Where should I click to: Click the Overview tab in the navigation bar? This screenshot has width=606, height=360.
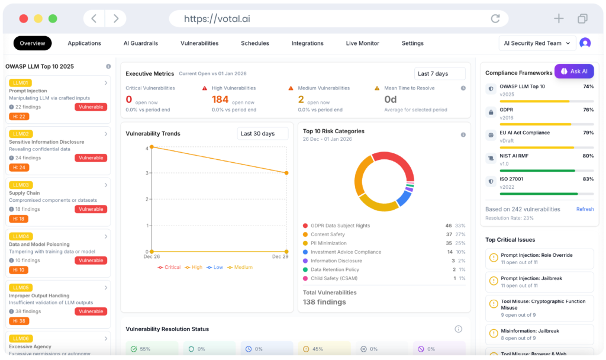pyautogui.click(x=33, y=43)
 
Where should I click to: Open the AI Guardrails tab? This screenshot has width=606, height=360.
pyautogui.click(x=140, y=43)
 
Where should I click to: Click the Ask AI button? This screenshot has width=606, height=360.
pyautogui.click(x=573, y=71)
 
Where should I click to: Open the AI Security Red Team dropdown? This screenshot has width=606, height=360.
pyautogui.click(x=537, y=43)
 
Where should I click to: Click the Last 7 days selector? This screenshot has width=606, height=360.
pyautogui.click(x=439, y=74)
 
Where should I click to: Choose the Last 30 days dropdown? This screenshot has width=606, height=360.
pyautogui.click(x=262, y=134)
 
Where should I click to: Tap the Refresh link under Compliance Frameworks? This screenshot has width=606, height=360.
pyautogui.click(x=585, y=209)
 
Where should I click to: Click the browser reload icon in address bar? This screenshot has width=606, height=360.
pyautogui.click(x=495, y=19)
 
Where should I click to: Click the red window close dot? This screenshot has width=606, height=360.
pyautogui.click(x=24, y=19)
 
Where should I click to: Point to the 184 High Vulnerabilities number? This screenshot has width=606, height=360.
pyautogui.click(x=220, y=99)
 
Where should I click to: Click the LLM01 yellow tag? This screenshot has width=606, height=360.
pyautogui.click(x=20, y=83)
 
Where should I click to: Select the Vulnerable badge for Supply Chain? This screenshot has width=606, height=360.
pyautogui.click(x=91, y=209)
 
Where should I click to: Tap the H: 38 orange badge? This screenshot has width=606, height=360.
pyautogui.click(x=19, y=321)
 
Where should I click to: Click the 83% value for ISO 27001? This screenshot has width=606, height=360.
pyautogui.click(x=588, y=179)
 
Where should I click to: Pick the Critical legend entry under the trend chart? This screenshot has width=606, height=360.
pyautogui.click(x=169, y=268)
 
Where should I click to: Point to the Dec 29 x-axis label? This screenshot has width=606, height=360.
pyautogui.click(x=280, y=257)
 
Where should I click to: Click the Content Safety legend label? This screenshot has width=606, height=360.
pyautogui.click(x=328, y=234)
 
